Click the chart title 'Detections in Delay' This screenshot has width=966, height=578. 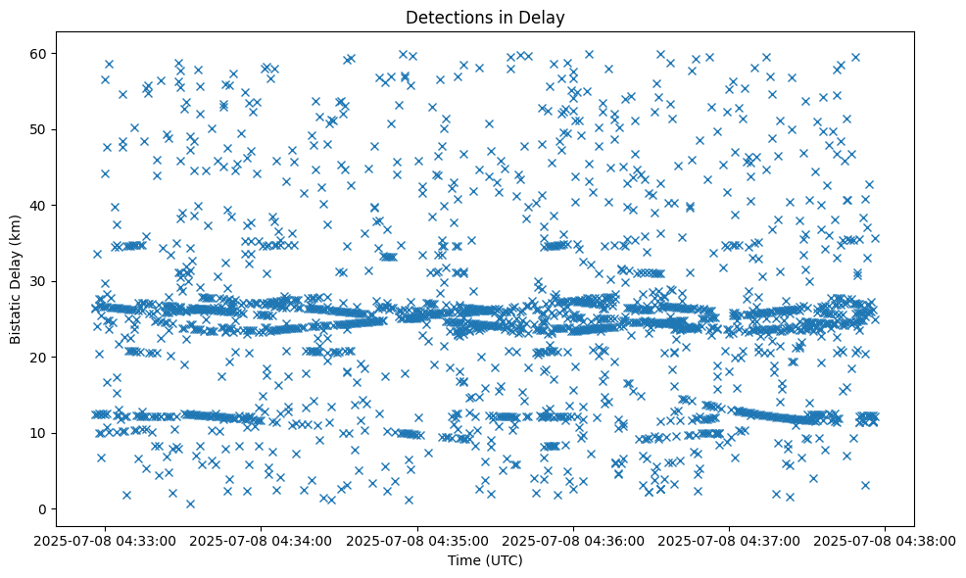[x=485, y=18]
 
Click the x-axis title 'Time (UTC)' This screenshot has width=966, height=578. [x=485, y=560]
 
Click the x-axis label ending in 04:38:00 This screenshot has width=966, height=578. [x=886, y=540]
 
